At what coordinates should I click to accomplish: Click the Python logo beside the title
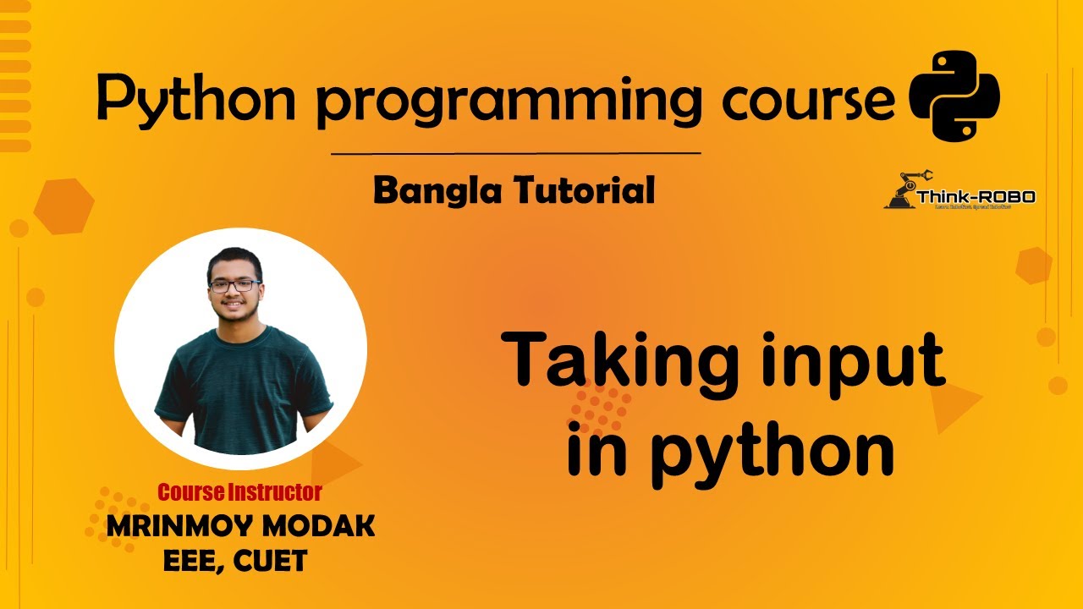click(954, 96)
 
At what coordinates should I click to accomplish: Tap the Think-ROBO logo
click(959, 191)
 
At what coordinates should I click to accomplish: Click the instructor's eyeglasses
click(234, 286)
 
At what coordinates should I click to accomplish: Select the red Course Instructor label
click(239, 491)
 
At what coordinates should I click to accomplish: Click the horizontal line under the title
click(515, 154)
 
